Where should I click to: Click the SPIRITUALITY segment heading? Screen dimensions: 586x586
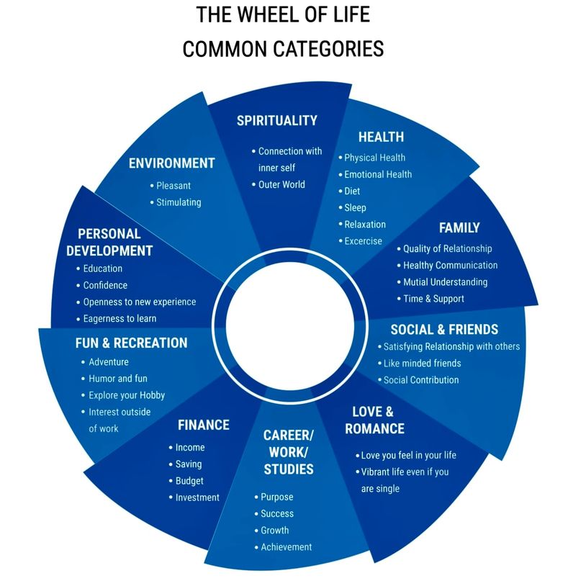click(277, 120)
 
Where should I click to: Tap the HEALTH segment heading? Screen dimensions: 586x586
click(381, 137)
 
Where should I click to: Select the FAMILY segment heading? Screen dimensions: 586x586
click(459, 227)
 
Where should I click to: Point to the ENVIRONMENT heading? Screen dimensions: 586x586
click(171, 163)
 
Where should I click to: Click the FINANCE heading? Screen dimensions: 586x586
click(204, 425)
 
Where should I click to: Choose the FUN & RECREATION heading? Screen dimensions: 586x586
click(131, 343)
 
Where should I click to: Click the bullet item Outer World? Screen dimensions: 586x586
click(281, 184)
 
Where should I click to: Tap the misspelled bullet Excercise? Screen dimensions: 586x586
click(363, 241)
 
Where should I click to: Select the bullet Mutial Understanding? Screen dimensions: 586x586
click(445, 282)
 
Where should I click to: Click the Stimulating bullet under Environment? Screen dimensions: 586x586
click(179, 202)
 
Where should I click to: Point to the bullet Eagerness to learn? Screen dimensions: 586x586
click(120, 318)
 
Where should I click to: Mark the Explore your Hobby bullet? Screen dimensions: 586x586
click(127, 395)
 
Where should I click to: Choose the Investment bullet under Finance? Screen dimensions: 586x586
click(197, 497)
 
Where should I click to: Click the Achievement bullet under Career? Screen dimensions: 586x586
click(286, 547)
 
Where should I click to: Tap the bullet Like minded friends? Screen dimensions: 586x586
click(422, 364)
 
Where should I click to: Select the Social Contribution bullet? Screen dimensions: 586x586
click(420, 380)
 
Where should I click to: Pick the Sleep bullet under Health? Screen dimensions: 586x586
click(355, 208)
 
